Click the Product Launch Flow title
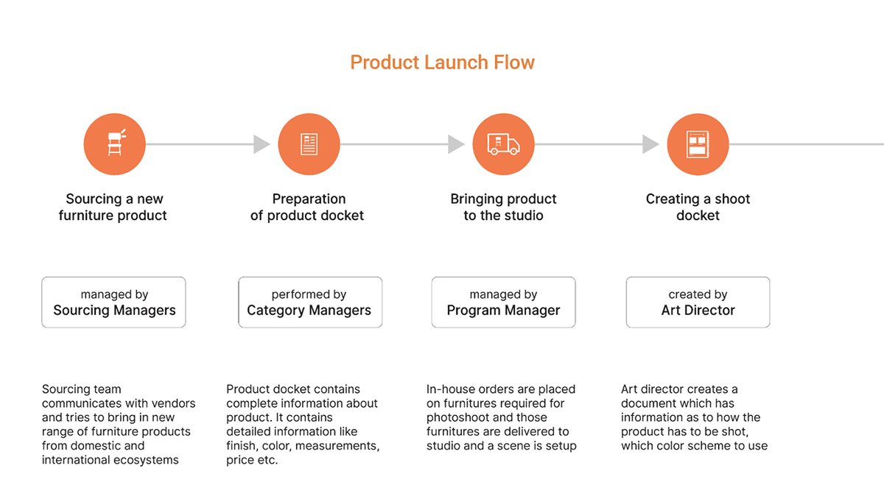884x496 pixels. pyautogui.click(x=442, y=63)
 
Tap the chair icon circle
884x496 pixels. pyautogui.click(x=114, y=144)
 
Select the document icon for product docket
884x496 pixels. pyautogui.click(x=309, y=144)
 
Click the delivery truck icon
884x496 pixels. pyautogui.click(x=503, y=144)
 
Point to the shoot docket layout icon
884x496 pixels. pyautogui.click(x=698, y=144)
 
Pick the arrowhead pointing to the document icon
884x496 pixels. pyautogui.click(x=262, y=144)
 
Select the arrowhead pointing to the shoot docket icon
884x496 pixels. pyautogui.click(x=650, y=144)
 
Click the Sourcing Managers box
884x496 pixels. pyautogui.click(x=114, y=302)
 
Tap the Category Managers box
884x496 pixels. pyautogui.click(x=309, y=302)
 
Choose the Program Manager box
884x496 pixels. pyautogui.click(x=503, y=302)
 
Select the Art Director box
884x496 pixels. pyautogui.click(x=698, y=302)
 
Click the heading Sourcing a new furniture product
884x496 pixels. pyautogui.click(x=113, y=207)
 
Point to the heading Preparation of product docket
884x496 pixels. pyautogui.click(x=308, y=207)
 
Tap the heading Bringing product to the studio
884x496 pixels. pyautogui.click(x=503, y=207)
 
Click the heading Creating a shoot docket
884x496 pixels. pyautogui.click(x=698, y=207)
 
